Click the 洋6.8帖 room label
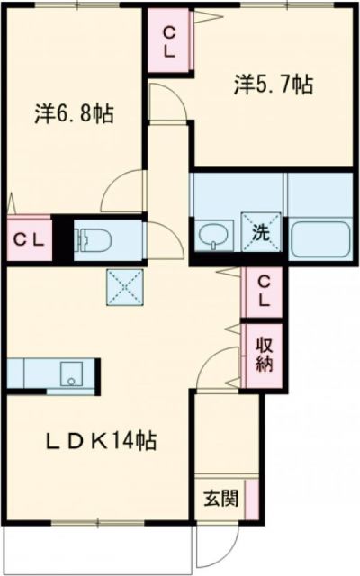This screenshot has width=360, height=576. tap(75, 114)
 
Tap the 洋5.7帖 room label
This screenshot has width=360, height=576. tap(274, 85)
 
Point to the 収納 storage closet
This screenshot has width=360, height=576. tap(263, 355)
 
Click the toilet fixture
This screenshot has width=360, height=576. tap(94, 238)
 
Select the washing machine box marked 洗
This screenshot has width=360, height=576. tap(260, 231)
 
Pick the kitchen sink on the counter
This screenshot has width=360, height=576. tap(69, 372)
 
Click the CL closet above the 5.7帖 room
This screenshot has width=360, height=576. tap(168, 40)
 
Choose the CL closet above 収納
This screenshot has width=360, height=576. tap(263, 292)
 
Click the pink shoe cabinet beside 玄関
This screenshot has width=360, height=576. tap(252, 498)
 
